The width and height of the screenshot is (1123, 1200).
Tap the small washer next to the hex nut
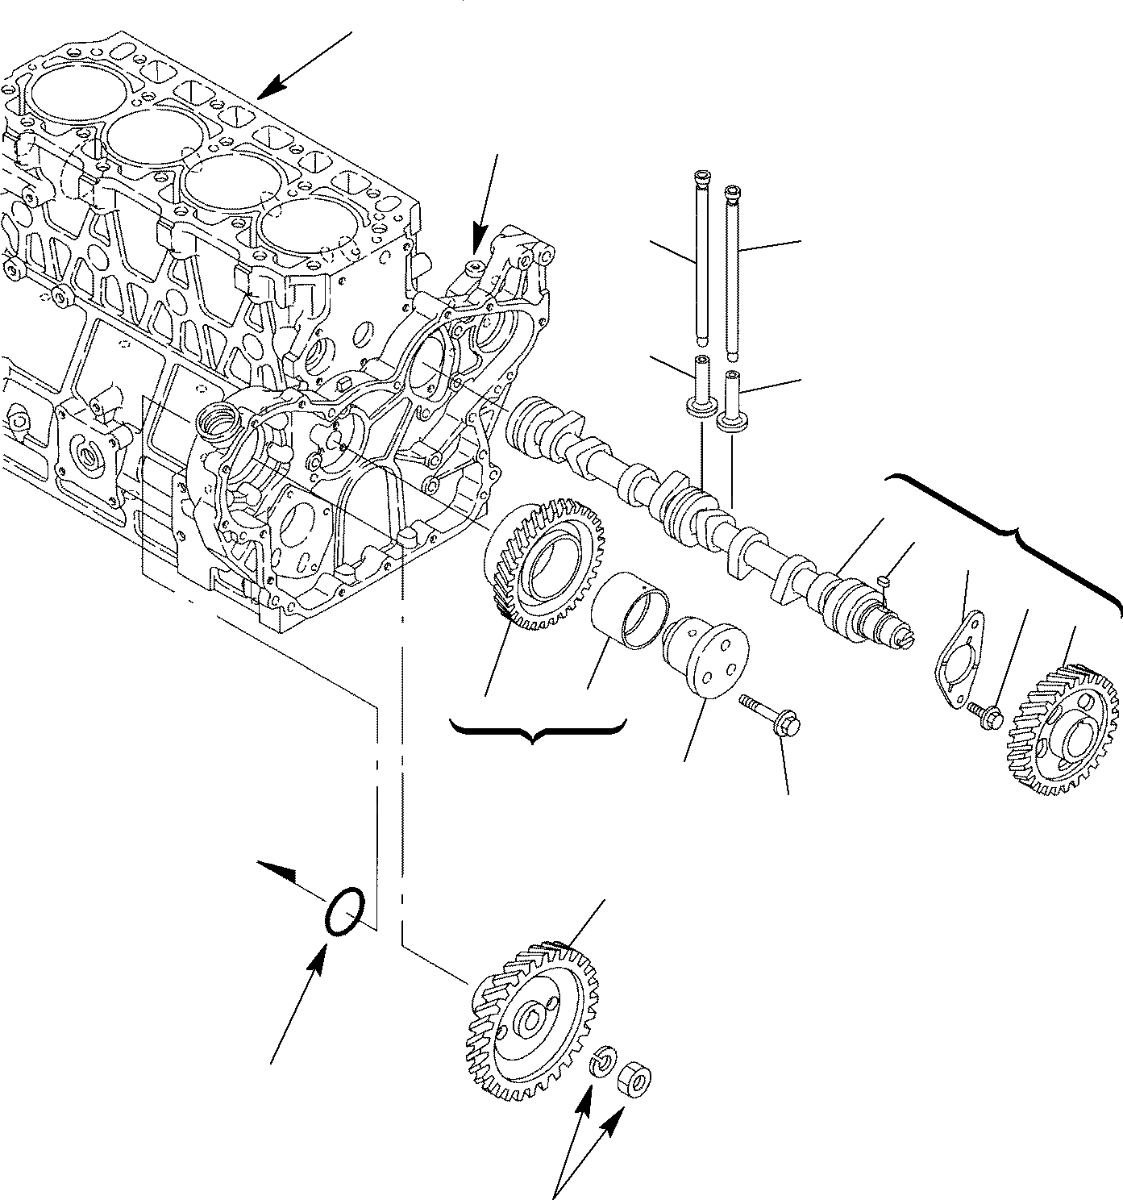604,1063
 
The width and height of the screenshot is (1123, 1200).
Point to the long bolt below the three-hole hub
769,715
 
